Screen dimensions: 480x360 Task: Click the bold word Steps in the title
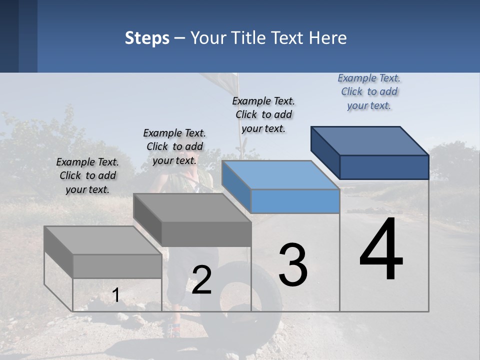coord(147,38)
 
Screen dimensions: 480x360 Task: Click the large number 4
coord(381,250)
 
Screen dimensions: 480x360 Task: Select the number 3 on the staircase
coord(293,264)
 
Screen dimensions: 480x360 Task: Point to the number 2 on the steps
coord(201,280)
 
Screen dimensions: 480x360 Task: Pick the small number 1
coord(116,295)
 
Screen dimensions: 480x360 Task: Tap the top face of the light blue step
coord(280,175)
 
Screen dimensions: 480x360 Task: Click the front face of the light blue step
coord(295,201)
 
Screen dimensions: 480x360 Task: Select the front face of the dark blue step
coord(384,167)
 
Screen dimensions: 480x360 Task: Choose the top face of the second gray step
coord(192,207)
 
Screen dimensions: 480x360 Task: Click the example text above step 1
coord(87,175)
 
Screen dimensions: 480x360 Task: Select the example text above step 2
coord(174,146)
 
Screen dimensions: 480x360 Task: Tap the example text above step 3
coord(263,114)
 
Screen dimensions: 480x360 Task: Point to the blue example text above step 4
coord(369,91)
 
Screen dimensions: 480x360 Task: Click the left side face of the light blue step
coord(236,185)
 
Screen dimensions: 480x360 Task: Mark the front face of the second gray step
coord(206,234)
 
